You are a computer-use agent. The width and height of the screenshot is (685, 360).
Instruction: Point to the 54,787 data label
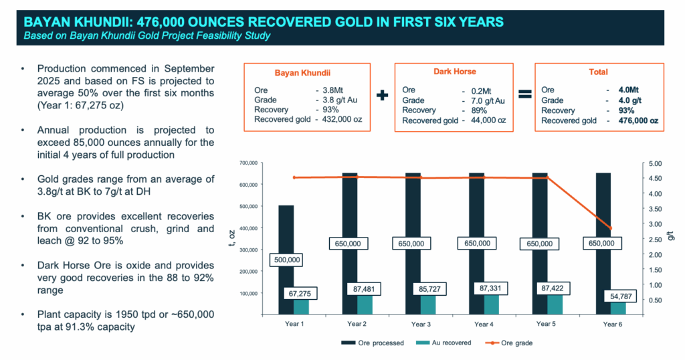pyautogui.click(x=615, y=295)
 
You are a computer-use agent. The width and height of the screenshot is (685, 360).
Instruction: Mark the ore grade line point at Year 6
pyautogui.click(x=609, y=228)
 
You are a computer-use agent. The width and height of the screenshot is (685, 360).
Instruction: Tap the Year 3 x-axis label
pyautogui.click(x=421, y=324)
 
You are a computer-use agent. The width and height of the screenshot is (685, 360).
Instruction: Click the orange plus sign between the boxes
pyautogui.click(x=382, y=95)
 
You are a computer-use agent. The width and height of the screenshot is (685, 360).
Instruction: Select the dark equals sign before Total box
pyautogui.click(x=525, y=95)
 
